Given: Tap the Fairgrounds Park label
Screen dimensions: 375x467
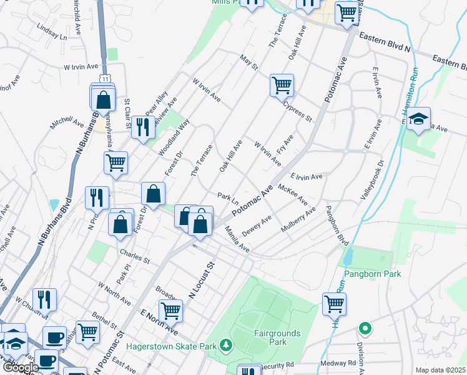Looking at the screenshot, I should pyautogui.click(x=277, y=337).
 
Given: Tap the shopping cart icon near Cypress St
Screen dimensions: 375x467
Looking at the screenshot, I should pyautogui.click(x=282, y=85).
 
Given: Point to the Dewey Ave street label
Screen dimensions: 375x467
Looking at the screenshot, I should pyautogui.click(x=257, y=226).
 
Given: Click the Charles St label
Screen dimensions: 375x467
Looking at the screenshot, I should pyautogui.click(x=134, y=256).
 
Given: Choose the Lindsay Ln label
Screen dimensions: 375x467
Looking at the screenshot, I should pyautogui.click(x=52, y=32).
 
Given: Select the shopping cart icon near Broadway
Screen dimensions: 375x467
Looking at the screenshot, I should pyautogui.click(x=170, y=311).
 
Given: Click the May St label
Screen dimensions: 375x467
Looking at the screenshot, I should pyautogui.click(x=248, y=62).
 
